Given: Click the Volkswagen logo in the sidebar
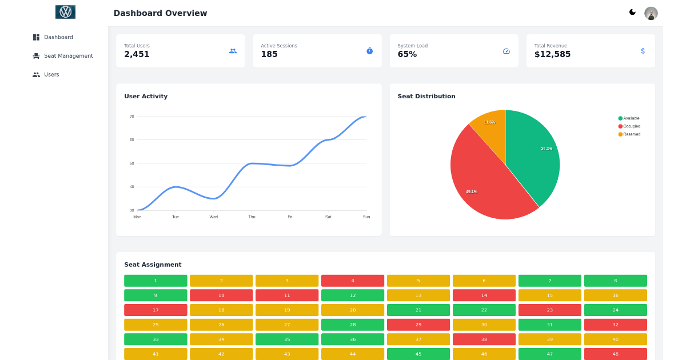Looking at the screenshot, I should [65, 12].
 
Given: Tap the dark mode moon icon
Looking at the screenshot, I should [632, 12].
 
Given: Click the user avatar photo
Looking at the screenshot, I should [651, 13].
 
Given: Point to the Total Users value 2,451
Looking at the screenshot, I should [137, 54].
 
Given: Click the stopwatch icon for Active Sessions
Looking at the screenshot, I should [369, 51].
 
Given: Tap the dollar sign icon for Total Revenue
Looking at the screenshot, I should [643, 51].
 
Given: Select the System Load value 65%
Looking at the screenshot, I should [407, 54].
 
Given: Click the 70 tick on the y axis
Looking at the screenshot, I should [131, 117].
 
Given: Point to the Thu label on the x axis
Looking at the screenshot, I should [252, 217].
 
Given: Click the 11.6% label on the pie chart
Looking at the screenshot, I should [489, 122].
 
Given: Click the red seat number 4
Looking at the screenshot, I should [353, 281].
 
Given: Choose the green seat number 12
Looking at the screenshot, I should [353, 295].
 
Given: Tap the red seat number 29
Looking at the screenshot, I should [418, 325].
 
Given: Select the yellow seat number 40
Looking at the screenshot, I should [616, 339].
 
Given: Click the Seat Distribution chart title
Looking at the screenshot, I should [426, 97].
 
